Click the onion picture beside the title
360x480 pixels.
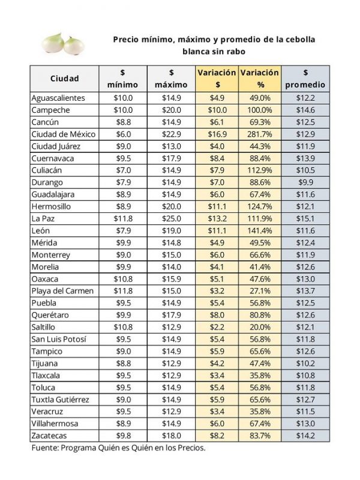(63, 43)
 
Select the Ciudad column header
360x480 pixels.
(65, 79)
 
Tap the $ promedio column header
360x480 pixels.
(305, 79)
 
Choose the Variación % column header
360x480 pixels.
(260, 79)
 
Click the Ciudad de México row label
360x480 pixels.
(64, 134)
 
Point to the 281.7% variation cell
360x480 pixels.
(260, 134)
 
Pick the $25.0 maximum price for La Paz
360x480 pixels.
(172, 218)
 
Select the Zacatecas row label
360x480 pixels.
(49, 436)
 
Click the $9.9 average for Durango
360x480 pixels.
(305, 182)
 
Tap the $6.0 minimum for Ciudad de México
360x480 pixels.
(124, 134)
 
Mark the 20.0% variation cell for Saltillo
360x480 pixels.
(260, 327)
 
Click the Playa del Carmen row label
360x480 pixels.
(62, 291)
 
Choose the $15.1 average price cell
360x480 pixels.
(305, 218)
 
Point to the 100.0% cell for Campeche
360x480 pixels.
(260, 110)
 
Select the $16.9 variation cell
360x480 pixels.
(217, 134)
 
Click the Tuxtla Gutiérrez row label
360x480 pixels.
(61, 400)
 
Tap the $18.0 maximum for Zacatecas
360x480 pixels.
(172, 436)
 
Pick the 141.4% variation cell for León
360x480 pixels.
(260, 230)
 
